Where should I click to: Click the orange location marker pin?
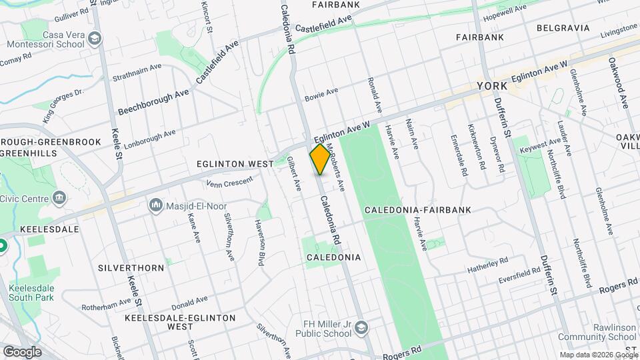point(319,159)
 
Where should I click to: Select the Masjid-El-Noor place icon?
point(157,203)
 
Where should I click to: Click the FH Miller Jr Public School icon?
point(360,327)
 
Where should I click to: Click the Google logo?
point(22,351)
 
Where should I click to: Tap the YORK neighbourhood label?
point(492,87)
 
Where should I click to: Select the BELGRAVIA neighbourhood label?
point(563,28)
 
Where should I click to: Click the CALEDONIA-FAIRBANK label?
point(418,210)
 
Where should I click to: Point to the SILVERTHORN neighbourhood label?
point(131,268)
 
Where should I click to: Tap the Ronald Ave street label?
point(374,94)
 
